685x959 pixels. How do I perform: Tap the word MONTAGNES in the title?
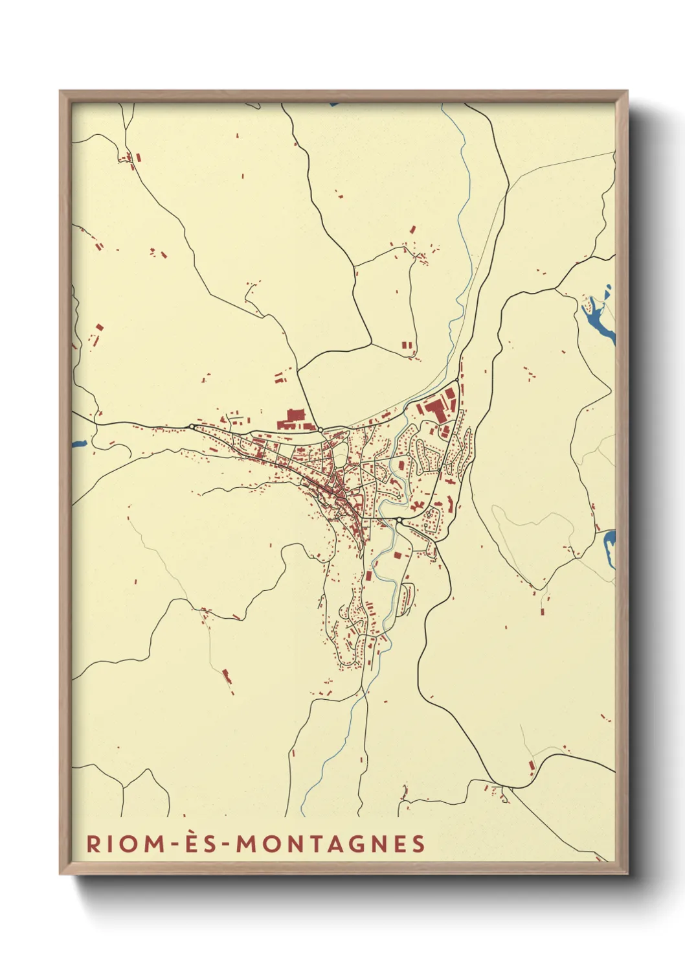[x=330, y=844]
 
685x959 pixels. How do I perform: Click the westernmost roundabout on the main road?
[x=192, y=426]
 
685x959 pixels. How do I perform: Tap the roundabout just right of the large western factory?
[x=320, y=429]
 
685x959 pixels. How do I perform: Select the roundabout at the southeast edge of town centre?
[x=399, y=521]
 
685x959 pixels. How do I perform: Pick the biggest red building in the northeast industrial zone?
[x=433, y=410]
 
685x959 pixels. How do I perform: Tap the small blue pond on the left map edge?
[x=79, y=445]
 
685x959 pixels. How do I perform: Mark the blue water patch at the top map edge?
[x=333, y=103]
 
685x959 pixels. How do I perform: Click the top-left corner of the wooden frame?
[x=61, y=92]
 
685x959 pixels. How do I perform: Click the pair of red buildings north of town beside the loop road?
[x=407, y=345]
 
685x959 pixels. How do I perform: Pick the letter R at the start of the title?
[x=93, y=844]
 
